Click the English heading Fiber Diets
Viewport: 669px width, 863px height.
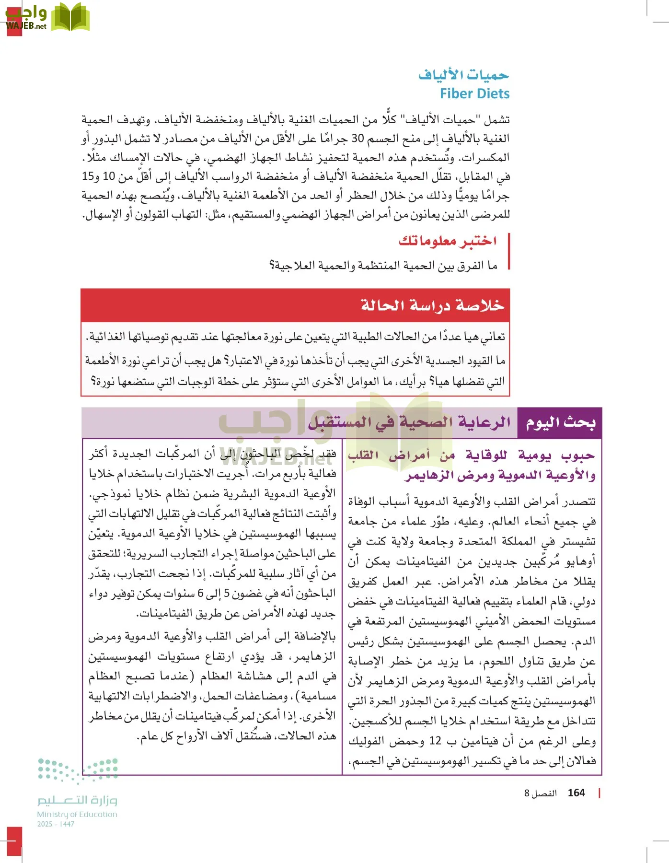click(x=474, y=93)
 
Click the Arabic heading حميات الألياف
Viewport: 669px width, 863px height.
click(x=463, y=75)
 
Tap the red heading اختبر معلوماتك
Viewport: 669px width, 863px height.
click(x=448, y=241)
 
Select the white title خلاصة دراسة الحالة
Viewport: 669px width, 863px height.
click(x=432, y=305)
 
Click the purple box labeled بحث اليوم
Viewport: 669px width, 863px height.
click(x=560, y=422)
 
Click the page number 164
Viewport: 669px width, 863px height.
click(x=576, y=793)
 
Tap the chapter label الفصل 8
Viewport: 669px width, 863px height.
click(x=540, y=793)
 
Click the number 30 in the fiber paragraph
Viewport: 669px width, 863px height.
click(x=358, y=139)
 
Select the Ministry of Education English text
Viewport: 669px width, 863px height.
click(x=77, y=814)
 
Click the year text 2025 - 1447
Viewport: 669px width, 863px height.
click(x=56, y=824)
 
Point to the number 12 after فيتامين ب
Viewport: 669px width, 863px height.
click(x=435, y=741)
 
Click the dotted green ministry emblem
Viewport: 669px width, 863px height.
click(x=78, y=770)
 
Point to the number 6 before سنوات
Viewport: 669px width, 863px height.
click(x=200, y=594)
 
